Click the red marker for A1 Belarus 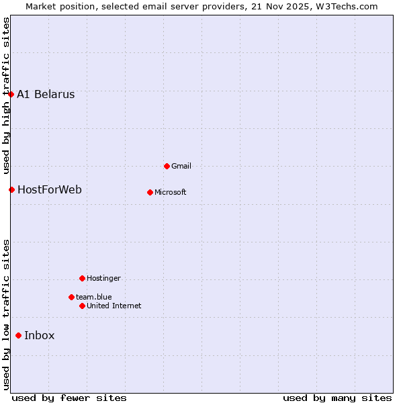pyautogui.click(x=11, y=94)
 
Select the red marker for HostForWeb pyautogui.click(x=11, y=189)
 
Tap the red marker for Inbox pyautogui.click(x=19, y=335)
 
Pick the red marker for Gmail pyautogui.click(x=167, y=166)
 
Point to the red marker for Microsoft pyautogui.click(x=150, y=192)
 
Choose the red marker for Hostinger pyautogui.click(x=82, y=278)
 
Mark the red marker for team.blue pyautogui.click(x=71, y=297)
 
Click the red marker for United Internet pyautogui.click(x=82, y=306)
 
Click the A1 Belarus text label pyautogui.click(x=46, y=94)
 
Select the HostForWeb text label pyautogui.click(x=50, y=189)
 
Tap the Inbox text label pyautogui.click(x=40, y=335)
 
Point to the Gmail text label pyautogui.click(x=181, y=166)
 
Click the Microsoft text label pyautogui.click(x=171, y=192)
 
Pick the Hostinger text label pyautogui.click(x=103, y=278)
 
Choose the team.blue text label pyautogui.click(x=94, y=297)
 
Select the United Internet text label pyautogui.click(x=114, y=306)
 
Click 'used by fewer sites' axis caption pyautogui.click(x=69, y=398)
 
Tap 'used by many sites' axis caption pyautogui.click(x=337, y=398)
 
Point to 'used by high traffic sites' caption pyautogui.click(x=6, y=94)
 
